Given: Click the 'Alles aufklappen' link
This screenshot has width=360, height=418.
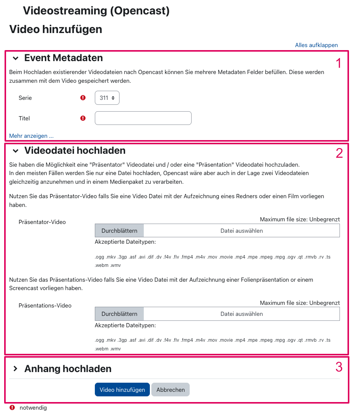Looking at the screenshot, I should click(x=316, y=45).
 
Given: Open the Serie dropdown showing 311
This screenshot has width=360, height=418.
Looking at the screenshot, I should click(x=107, y=98).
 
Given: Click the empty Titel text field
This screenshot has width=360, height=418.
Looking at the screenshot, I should click(x=143, y=118).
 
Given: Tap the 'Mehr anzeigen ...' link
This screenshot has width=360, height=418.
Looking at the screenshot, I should click(x=31, y=136).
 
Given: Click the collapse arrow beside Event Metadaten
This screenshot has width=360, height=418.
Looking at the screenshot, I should click(x=16, y=58).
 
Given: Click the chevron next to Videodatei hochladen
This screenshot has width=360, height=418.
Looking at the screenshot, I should click(x=16, y=151).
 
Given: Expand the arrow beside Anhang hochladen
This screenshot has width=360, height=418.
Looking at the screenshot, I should click(x=16, y=369).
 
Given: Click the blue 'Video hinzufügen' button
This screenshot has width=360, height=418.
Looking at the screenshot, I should click(x=122, y=390).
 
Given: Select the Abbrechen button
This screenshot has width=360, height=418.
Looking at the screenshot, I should click(x=170, y=390).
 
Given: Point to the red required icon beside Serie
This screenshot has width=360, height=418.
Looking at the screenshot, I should click(x=83, y=98).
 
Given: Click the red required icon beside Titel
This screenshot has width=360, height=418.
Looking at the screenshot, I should click(x=83, y=118).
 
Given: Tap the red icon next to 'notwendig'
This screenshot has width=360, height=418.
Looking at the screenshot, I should click(x=13, y=408).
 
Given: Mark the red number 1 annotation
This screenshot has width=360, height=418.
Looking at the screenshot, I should click(x=339, y=63).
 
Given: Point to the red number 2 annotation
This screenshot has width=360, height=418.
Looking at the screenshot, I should click(x=339, y=153).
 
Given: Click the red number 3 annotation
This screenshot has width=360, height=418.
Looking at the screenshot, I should click(x=339, y=367).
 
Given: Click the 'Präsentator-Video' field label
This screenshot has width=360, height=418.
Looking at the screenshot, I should click(x=42, y=222).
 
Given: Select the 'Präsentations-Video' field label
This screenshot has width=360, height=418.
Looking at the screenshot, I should click(x=45, y=306).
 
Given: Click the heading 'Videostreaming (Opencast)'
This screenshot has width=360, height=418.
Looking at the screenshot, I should click(x=96, y=11).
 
